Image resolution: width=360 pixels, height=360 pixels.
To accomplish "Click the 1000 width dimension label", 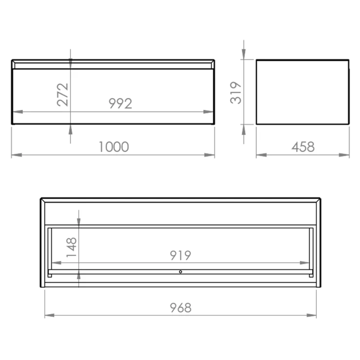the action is click(114, 147).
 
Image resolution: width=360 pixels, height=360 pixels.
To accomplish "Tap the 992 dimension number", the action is click(120, 104).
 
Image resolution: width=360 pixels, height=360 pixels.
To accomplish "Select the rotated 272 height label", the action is click(63, 95).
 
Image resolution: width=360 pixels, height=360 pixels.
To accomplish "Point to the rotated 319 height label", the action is click(236, 93).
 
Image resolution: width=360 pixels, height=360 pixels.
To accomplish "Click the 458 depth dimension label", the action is click(303, 147).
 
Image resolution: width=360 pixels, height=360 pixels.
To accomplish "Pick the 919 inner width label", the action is click(180, 255).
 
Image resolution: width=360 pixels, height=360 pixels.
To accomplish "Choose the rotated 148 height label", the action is click(72, 247).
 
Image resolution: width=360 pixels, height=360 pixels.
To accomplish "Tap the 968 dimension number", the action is click(180, 307).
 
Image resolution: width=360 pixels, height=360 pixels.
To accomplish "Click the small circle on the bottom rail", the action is click(180, 272).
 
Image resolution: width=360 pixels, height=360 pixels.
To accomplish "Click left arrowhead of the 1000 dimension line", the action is click(17, 155).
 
